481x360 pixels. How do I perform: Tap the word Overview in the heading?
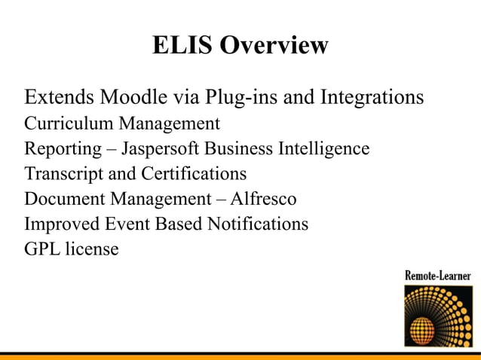(274, 45)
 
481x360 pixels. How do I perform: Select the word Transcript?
(57, 174)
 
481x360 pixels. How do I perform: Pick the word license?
(93, 249)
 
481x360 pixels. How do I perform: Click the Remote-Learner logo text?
(438, 276)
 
